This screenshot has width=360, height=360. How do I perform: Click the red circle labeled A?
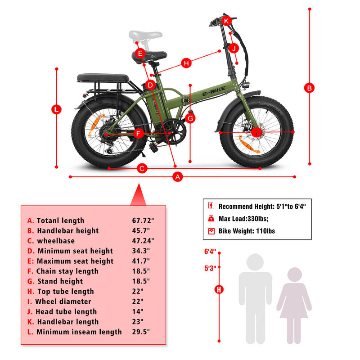tap(178, 177)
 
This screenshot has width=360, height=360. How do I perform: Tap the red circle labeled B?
tap(309, 88)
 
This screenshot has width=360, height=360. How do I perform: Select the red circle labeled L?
tap(57, 109)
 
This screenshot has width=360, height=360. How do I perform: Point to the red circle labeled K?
tap(226, 21)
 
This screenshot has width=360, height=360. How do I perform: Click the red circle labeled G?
tap(190, 118)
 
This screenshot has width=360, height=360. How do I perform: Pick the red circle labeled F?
tap(139, 133)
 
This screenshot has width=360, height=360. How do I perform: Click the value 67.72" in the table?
tap(144, 220)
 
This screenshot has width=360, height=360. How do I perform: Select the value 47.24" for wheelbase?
tap(144, 241)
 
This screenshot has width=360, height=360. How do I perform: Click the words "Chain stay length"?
tap(67, 271)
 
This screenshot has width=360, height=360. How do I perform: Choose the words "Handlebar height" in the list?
tap(68, 230)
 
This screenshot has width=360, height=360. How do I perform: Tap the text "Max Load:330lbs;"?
tap(243, 219)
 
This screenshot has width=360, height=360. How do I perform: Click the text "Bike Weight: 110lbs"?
tap(247, 231)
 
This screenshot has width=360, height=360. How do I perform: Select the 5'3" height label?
tap(210, 268)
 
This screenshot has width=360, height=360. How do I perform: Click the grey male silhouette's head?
tap(255, 262)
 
